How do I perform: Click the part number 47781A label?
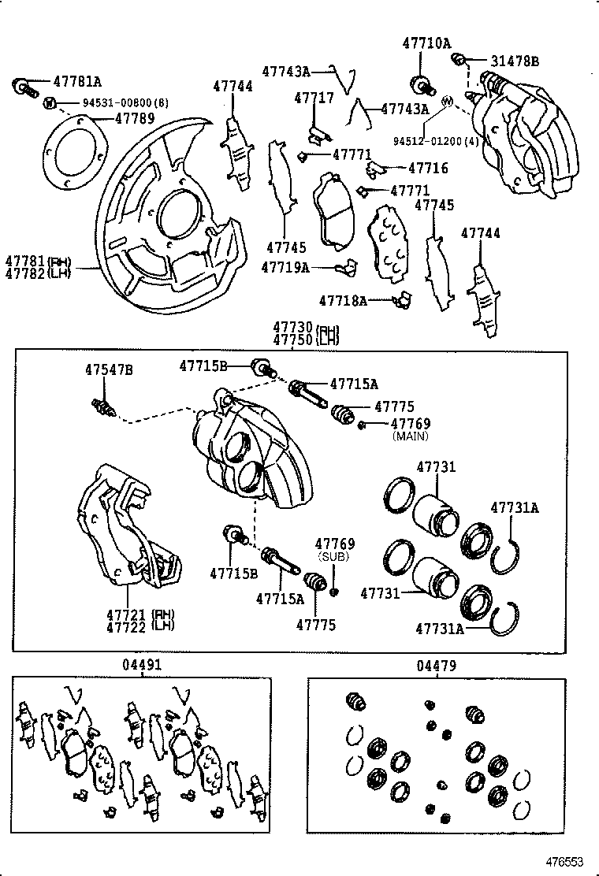click(x=77, y=81)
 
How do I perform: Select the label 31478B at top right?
click(x=515, y=61)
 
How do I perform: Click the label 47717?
click(x=314, y=98)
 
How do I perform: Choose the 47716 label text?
click(x=428, y=168)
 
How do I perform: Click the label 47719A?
click(x=285, y=267)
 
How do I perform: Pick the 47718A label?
click(x=343, y=300)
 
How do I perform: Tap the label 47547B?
click(x=109, y=369)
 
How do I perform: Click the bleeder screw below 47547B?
click(x=102, y=406)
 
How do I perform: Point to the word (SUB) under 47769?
click(x=334, y=556)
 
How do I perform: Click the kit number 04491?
click(x=141, y=665)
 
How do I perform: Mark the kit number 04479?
click(x=436, y=666)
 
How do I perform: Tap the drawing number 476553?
click(x=566, y=862)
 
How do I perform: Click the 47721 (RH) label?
click(x=140, y=614)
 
